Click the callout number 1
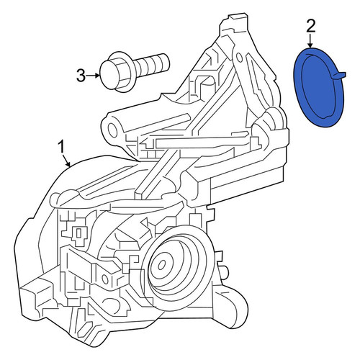point(62,147)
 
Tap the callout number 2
point(310,26)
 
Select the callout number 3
point(81,75)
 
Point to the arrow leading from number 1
point(66,160)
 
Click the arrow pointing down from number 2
point(310,41)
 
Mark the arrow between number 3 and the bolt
point(93,76)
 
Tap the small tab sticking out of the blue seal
point(339,75)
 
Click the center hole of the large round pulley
point(162,265)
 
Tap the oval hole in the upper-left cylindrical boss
point(112,130)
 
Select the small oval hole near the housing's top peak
point(239,57)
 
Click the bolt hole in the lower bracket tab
point(105,279)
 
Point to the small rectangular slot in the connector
point(78,233)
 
